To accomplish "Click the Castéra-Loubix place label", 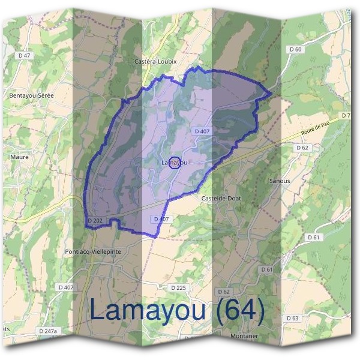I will pyautogui.click(x=156, y=61).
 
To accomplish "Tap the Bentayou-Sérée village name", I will pyautogui.click(x=29, y=95).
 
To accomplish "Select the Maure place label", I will pyautogui.click(x=19, y=157).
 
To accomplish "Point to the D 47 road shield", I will pyautogui.click(x=24, y=55).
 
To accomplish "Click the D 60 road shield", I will pyautogui.click(x=295, y=49).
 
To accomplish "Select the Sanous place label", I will pyautogui.click(x=280, y=180).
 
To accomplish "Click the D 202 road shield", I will pyautogui.click(x=95, y=221).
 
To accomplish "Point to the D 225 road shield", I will pyautogui.click(x=179, y=288).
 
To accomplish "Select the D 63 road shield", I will pyautogui.click(x=292, y=317).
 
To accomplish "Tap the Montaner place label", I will pyautogui.click(x=244, y=336).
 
